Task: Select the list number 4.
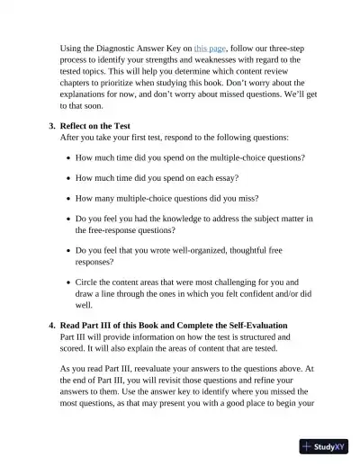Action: pyautogui.click(x=51, y=325)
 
